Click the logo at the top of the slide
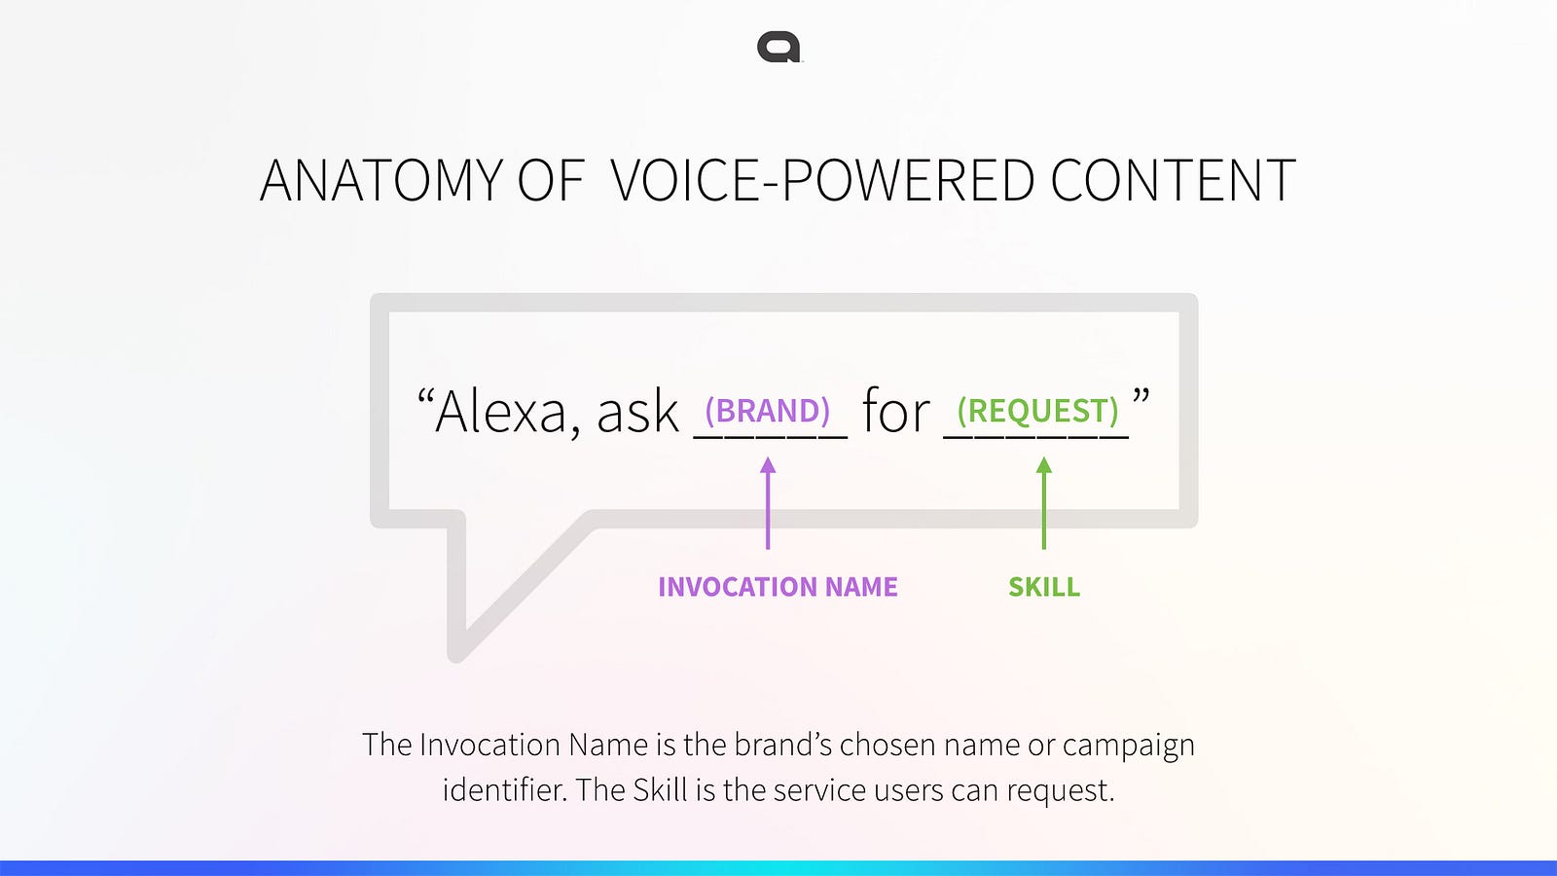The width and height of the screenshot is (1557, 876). click(x=779, y=48)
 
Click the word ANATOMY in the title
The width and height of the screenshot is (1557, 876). click(x=381, y=180)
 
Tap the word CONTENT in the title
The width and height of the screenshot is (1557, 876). click(x=1174, y=180)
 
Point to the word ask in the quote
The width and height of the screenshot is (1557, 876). click(x=637, y=411)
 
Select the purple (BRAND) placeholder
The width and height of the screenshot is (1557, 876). click(x=768, y=410)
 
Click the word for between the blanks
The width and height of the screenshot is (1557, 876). click(x=896, y=411)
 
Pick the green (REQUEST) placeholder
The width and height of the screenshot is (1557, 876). click(x=1037, y=410)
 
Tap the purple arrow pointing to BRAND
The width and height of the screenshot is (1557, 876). click(x=768, y=503)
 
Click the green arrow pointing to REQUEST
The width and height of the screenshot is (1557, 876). click(x=1044, y=503)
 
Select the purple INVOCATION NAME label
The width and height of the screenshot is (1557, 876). click(x=778, y=587)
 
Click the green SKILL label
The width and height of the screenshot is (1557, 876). click(x=1044, y=587)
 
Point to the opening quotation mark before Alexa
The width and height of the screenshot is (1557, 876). click(x=425, y=398)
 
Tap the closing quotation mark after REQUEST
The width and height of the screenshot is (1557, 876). click(x=1141, y=398)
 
